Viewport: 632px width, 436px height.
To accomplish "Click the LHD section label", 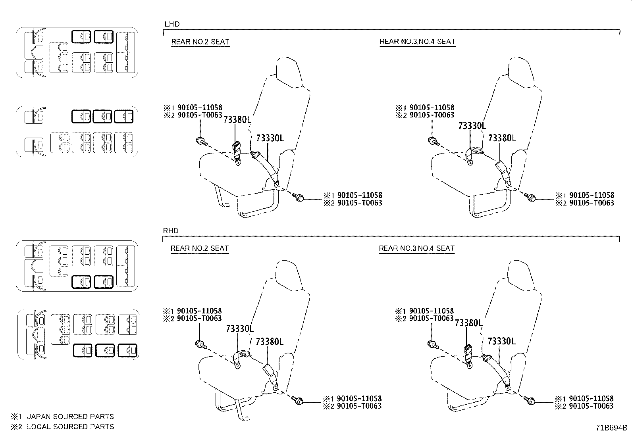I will (172, 24).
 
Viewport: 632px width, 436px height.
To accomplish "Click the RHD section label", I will (171, 231).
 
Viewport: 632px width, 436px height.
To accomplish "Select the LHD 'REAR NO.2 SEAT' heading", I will (200, 42).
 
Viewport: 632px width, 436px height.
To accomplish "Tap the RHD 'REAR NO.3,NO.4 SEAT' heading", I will (416, 248).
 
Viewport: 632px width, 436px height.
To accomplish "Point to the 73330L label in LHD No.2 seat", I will (270, 138).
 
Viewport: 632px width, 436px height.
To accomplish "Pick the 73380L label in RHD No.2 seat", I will (270, 342).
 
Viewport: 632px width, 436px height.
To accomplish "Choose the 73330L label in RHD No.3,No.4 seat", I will (501, 341).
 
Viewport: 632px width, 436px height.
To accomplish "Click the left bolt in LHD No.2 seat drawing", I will (200, 140).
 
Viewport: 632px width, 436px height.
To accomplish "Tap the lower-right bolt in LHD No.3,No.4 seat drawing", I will (530, 197).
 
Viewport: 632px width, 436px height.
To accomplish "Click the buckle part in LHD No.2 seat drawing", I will (237, 151).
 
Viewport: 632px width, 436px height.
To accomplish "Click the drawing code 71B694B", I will (611, 428).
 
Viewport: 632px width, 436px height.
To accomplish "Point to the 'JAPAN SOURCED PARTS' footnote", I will (70, 417).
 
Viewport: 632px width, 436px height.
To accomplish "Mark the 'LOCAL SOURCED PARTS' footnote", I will (70, 427).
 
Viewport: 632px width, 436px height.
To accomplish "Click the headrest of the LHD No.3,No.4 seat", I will (520, 71).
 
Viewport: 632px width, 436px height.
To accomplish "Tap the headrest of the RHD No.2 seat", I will (288, 274).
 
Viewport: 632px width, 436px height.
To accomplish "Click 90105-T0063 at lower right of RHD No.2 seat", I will (359, 406).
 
